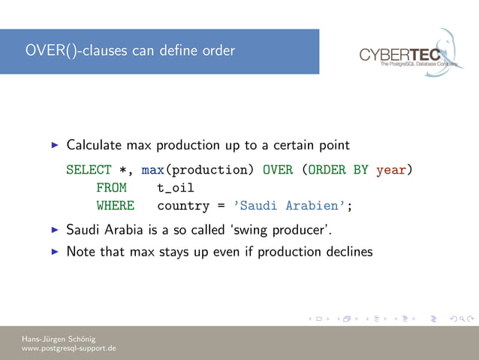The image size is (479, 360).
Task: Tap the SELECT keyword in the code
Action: (89, 170)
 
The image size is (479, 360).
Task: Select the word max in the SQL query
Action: (152, 170)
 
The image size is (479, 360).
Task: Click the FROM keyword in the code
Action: (111, 188)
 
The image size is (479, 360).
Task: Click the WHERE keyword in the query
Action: (115, 206)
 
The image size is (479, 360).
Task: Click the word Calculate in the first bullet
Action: (95, 144)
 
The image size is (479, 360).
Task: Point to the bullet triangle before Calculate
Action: (53, 144)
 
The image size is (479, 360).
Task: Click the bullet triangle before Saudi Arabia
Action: (53, 228)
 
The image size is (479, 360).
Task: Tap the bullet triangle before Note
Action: (53, 252)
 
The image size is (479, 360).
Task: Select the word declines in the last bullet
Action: (347, 252)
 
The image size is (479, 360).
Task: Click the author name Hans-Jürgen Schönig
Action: (59, 339)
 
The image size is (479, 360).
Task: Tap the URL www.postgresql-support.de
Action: (68, 349)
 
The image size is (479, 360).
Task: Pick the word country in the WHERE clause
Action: (182, 206)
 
